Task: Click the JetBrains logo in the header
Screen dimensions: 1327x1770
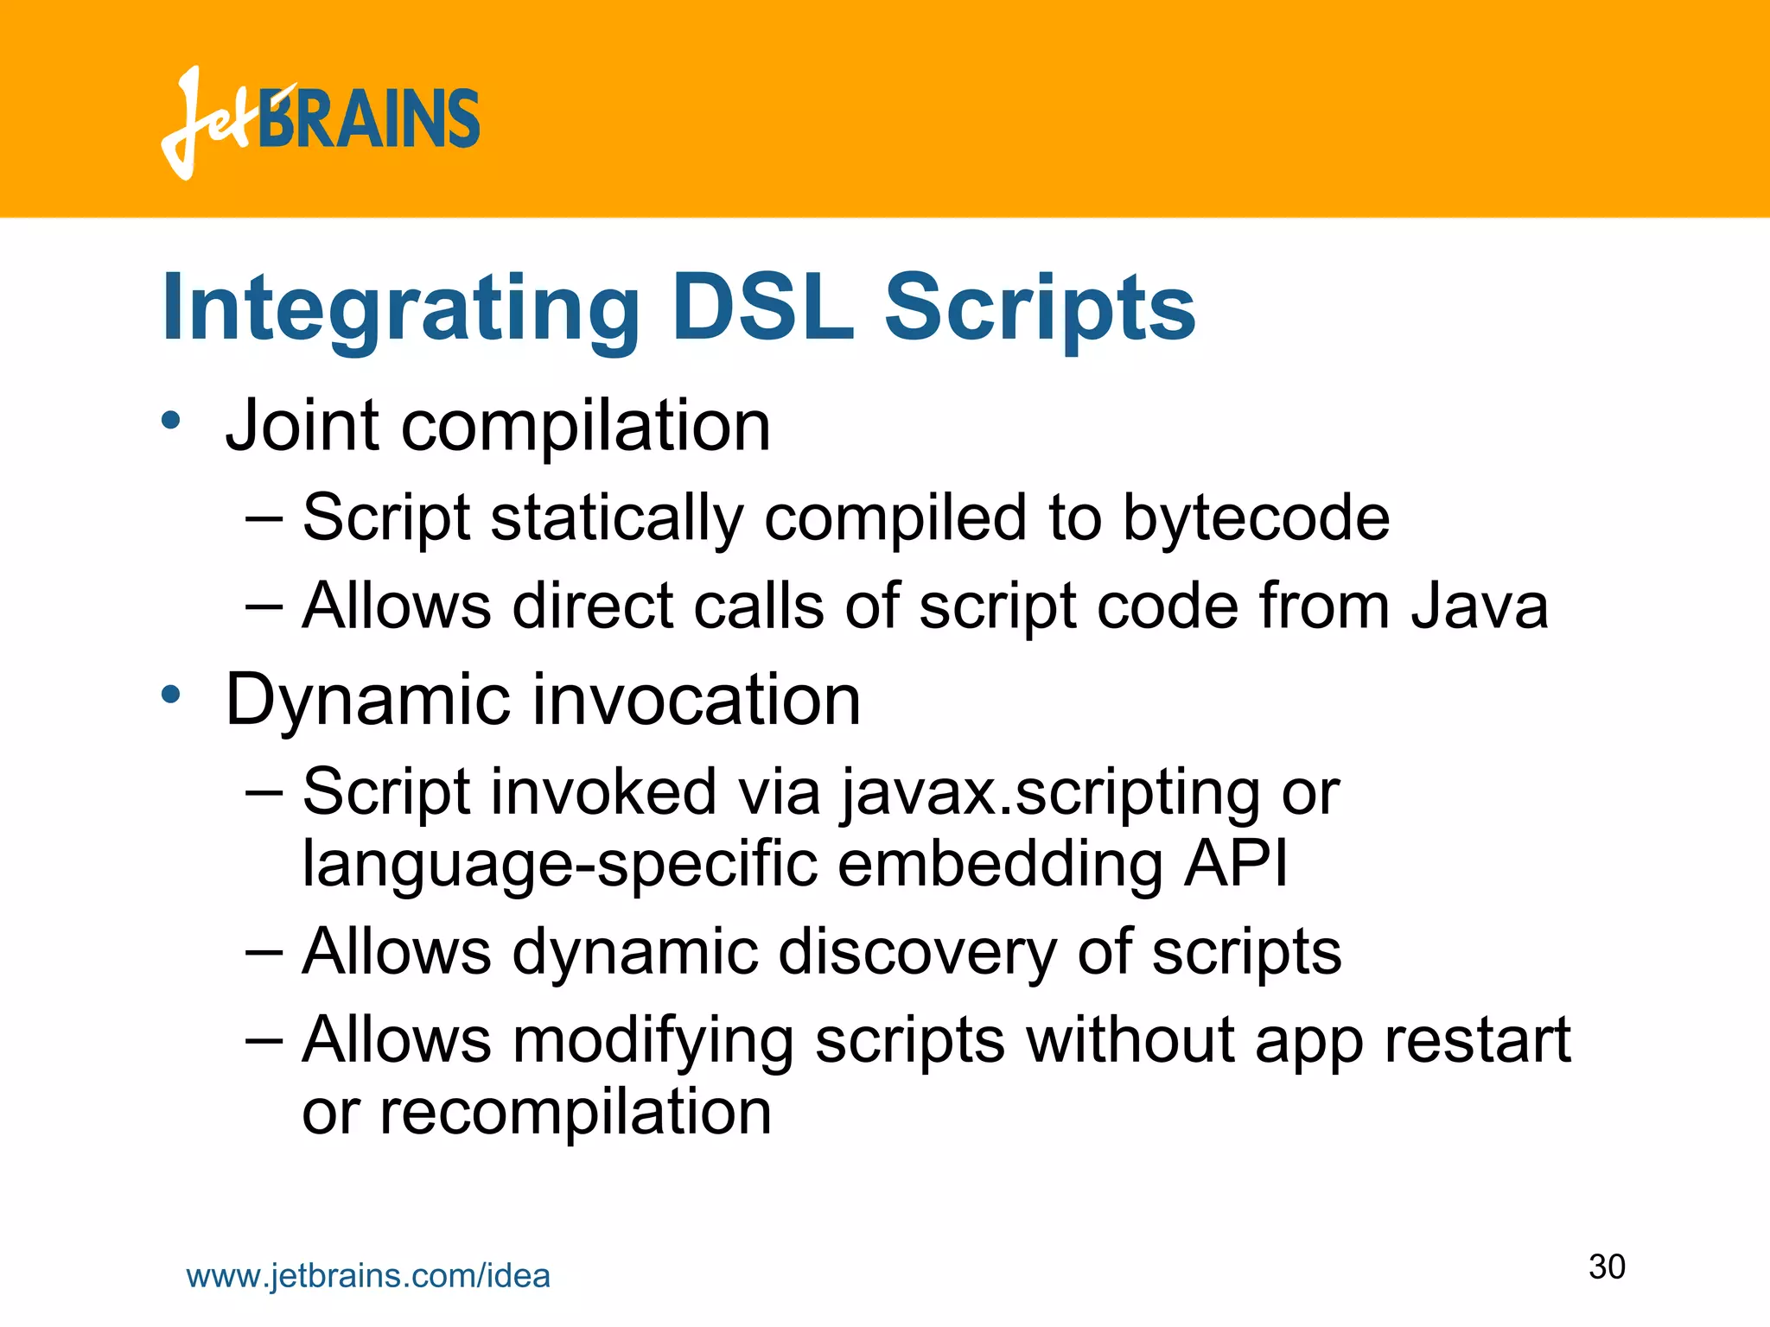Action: point(320,121)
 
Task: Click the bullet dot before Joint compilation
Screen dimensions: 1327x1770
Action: point(171,422)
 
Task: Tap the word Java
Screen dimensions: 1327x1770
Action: point(1480,606)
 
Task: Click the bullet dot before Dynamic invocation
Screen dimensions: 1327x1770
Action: point(171,695)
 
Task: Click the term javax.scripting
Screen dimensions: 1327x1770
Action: point(1051,792)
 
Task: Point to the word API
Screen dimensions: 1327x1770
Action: point(1236,863)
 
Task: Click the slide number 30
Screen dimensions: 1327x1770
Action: point(1607,1267)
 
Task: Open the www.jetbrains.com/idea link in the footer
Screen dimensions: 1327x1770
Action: point(368,1276)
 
